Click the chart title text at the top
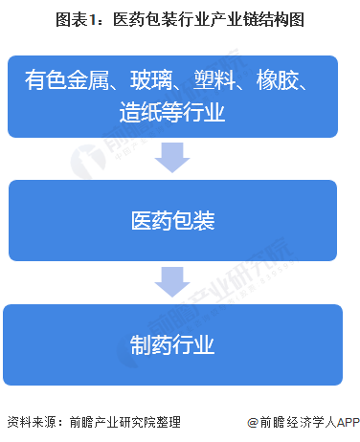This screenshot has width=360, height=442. coord(179,19)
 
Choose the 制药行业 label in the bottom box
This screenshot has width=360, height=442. coord(173,344)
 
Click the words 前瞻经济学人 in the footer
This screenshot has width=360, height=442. coord(291,422)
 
